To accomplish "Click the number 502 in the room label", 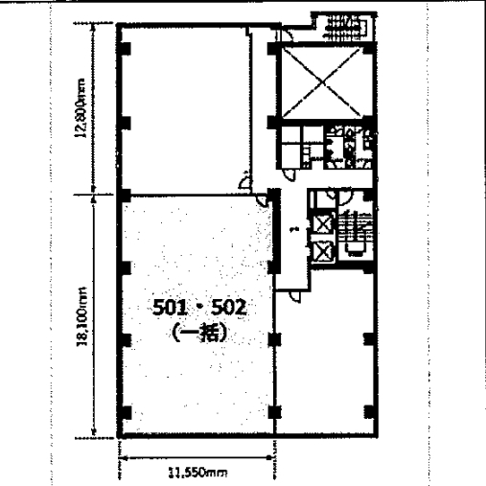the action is pyautogui.click(x=230, y=308).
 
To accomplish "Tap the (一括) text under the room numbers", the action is pyautogui.click(x=200, y=333).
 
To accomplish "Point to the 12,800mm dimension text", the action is pyautogui.click(x=81, y=108).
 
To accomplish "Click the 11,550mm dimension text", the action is pyautogui.click(x=197, y=473).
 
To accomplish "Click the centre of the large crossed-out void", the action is pyautogui.click(x=323, y=82).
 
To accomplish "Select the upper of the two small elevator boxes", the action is pyautogui.click(x=323, y=223).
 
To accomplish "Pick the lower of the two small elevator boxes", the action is pyautogui.click(x=323, y=250).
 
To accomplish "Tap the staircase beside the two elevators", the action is pyautogui.click(x=355, y=233).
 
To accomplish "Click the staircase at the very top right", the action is pyautogui.click(x=343, y=26).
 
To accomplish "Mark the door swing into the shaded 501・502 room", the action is pyautogui.click(x=263, y=200).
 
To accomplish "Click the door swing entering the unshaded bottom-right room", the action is pyautogui.click(x=294, y=296).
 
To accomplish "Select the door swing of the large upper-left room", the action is pyautogui.click(x=244, y=183).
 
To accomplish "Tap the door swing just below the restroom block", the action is pyautogui.click(x=289, y=174).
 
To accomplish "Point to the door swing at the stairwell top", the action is pyautogui.click(x=344, y=197).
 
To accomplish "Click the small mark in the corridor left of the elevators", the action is pyautogui.click(x=294, y=229).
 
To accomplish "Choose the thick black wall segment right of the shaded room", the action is pyautogui.click(x=274, y=231).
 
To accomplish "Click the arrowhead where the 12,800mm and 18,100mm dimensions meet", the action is pyautogui.click(x=93, y=194).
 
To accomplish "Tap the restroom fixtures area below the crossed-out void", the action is pyautogui.click(x=348, y=147).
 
